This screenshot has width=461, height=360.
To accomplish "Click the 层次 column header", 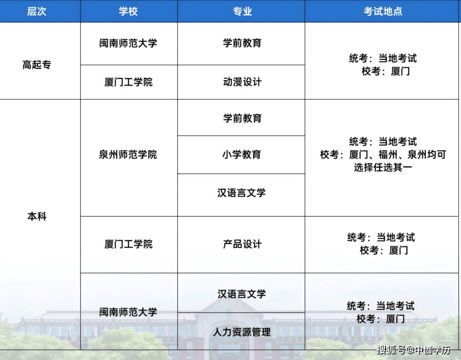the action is [37, 11].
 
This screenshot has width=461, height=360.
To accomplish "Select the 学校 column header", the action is [128, 11].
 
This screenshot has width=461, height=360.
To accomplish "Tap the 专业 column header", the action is [242, 11].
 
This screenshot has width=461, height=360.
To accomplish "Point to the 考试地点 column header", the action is [383, 11].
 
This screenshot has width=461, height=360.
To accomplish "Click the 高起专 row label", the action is [37, 64].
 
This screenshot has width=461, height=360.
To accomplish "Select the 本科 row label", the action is [37, 216].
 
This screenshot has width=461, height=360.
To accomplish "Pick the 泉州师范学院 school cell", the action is [128, 154].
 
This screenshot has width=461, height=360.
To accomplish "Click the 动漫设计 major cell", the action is [242, 82].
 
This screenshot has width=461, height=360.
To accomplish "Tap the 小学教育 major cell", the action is [242, 154].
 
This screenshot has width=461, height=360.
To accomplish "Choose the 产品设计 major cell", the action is [242, 244].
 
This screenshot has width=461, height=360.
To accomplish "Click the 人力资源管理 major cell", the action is [242, 332].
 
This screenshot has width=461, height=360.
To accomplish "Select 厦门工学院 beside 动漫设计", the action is [128, 82].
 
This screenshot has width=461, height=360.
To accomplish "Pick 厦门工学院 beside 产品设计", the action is [128, 244].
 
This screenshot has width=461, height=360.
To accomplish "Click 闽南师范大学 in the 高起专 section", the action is [128, 43].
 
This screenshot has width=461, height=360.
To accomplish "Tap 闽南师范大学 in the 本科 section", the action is [128, 312].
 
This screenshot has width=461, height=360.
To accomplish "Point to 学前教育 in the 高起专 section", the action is [242, 43].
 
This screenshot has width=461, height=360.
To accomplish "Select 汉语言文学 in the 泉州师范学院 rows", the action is [241, 193].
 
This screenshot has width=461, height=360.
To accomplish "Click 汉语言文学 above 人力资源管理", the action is [241, 294].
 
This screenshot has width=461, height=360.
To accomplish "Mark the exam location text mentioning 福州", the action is [383, 154].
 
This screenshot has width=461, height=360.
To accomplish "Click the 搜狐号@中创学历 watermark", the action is [413, 350].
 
